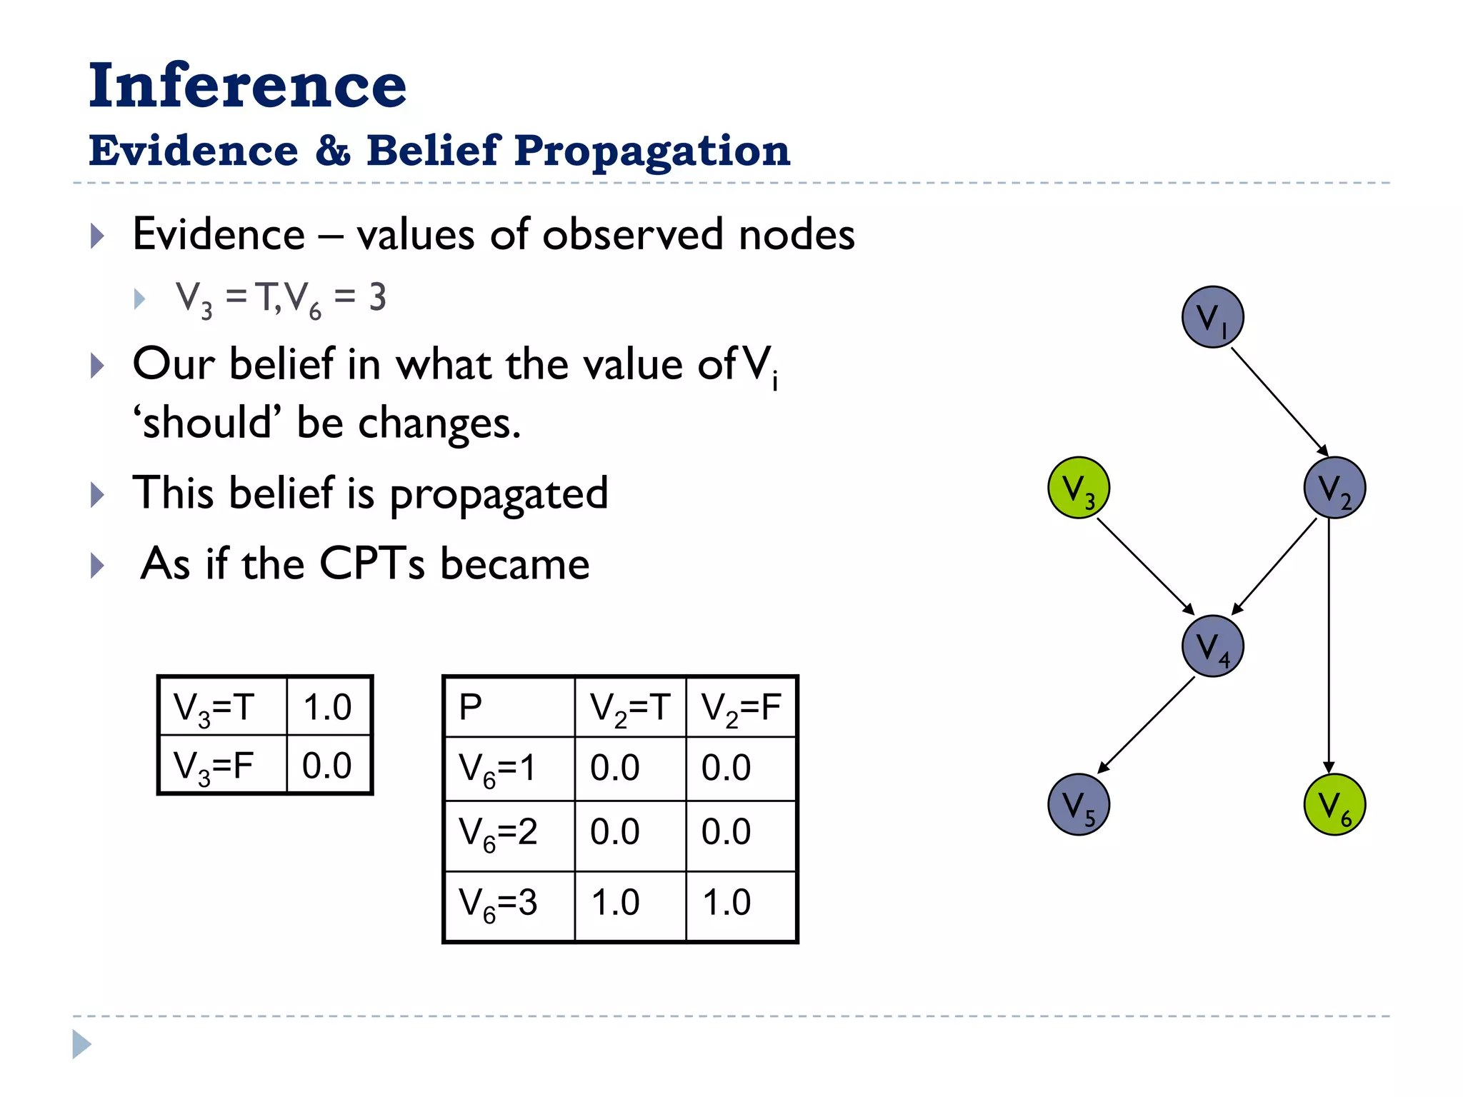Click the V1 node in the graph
[1212, 317]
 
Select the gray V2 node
[1334, 488]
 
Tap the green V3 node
[1079, 488]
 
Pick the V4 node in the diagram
[1212, 646]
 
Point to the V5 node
[1079, 804]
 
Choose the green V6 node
[1334, 804]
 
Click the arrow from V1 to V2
[1279, 401]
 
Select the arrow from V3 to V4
[1145, 566]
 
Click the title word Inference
[247, 86]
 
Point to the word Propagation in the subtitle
[651, 151]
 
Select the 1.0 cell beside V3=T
[328, 706]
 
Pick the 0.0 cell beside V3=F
[328, 765]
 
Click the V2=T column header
[629, 707]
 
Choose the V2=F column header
[741, 707]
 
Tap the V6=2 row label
[499, 833]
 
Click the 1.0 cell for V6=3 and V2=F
[727, 902]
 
